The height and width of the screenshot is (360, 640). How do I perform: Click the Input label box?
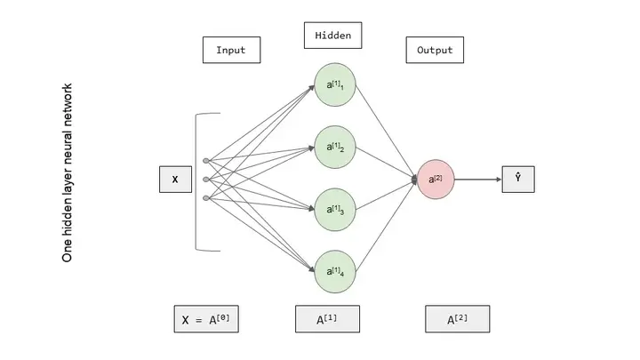230,50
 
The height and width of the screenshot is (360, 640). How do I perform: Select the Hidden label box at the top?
333,36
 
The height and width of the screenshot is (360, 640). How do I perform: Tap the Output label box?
435,50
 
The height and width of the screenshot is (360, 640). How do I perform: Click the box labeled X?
175,180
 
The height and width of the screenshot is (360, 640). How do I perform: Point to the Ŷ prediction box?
517,179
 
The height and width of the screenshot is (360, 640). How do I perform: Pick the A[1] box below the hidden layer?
327,318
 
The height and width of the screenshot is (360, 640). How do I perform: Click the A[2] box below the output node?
457,318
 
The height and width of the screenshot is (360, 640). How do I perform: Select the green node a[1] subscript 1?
335,85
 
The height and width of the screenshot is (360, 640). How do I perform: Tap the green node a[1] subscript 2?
335,148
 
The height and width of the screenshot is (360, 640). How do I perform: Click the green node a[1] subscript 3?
335,210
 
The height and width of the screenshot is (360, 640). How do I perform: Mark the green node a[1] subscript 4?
335,271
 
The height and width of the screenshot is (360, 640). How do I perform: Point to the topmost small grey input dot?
206,161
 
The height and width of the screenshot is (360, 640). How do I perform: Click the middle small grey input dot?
206,180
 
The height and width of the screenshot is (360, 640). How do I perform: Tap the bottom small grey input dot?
206,197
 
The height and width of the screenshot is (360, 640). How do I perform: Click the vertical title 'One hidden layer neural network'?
67,172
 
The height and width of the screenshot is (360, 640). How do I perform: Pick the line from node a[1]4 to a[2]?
387,228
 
